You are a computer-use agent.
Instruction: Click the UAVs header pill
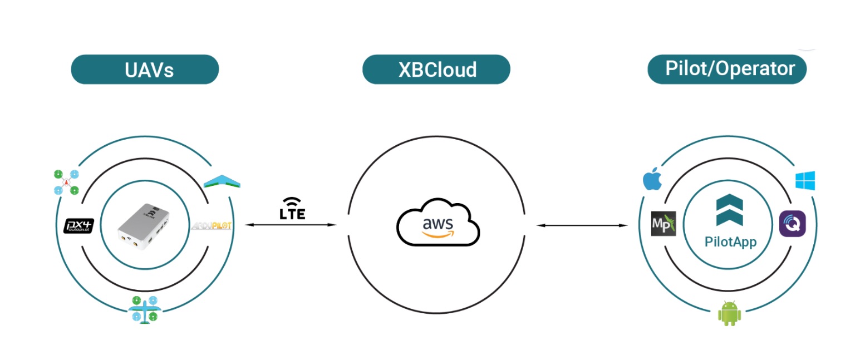(145, 70)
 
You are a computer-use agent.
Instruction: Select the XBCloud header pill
(436, 70)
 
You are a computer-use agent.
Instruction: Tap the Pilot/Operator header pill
(727, 69)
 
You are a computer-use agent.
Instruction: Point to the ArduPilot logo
(212, 226)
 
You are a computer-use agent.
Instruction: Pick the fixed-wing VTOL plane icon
(144, 309)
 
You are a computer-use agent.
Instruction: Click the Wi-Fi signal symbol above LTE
(293, 202)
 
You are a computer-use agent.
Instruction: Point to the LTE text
(293, 214)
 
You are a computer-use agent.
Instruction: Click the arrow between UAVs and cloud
(291, 225)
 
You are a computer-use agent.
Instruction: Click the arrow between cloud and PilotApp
(582, 225)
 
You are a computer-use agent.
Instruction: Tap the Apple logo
(650, 179)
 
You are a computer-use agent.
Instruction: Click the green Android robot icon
(729, 313)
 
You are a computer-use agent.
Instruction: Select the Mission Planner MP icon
(663, 224)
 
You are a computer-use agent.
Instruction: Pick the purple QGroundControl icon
(792, 224)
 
